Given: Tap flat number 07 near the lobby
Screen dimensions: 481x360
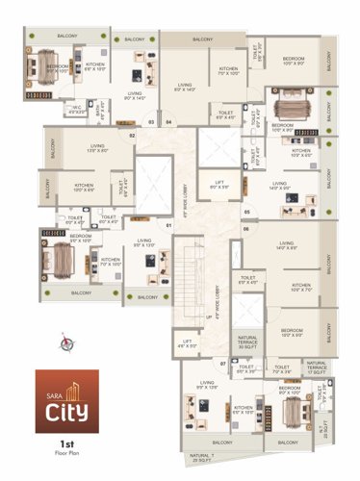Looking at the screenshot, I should (223, 364).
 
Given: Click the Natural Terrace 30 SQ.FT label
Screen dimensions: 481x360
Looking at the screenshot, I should (247, 339).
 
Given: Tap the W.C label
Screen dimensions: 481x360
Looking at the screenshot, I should (78, 108).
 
